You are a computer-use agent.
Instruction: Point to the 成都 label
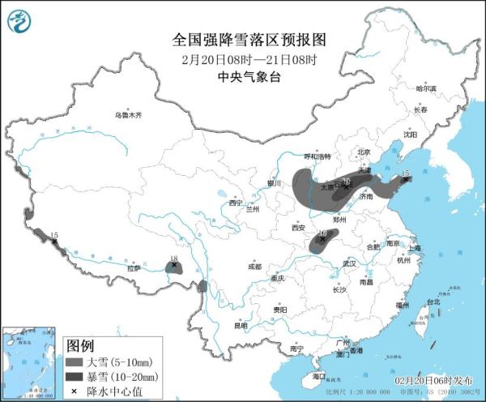coord(254,266)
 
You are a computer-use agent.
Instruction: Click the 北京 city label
coord(363,152)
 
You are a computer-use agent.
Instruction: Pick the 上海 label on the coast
coord(414,248)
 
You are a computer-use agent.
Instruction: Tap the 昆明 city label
coord(241,326)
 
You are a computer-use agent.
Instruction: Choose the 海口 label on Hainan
coord(318,376)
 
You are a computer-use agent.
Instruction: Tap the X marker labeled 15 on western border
coord(54,241)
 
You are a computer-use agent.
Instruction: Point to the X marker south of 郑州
coord(323,238)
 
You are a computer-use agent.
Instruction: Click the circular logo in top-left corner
coord(22,22)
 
